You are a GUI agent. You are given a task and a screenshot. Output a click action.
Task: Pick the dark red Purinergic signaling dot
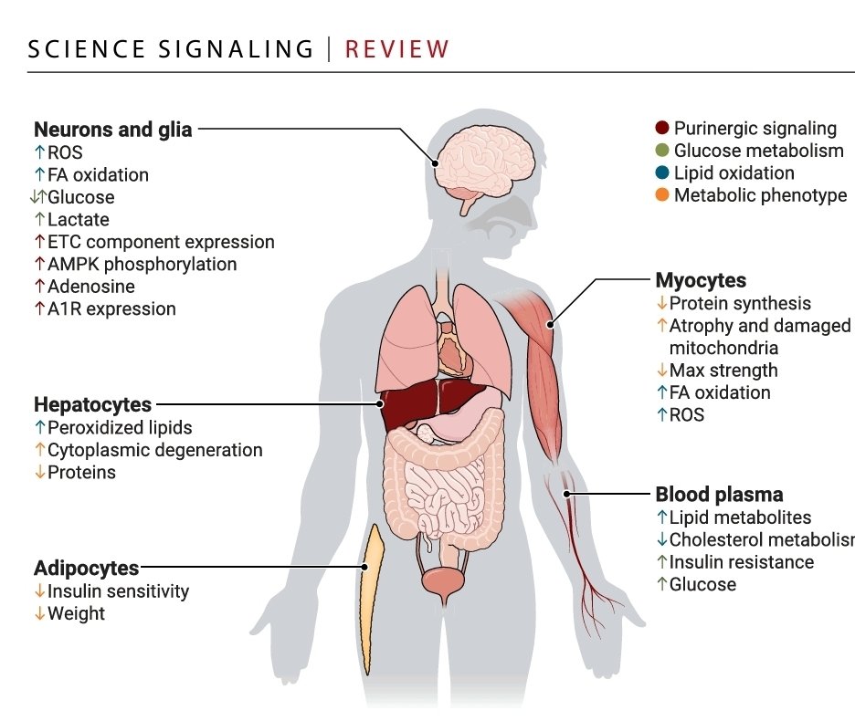point(662,128)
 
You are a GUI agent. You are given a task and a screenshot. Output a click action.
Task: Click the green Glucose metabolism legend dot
point(662,151)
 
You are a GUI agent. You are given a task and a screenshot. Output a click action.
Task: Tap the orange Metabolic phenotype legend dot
point(662,195)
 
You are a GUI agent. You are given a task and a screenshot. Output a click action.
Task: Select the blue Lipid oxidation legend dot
point(662,172)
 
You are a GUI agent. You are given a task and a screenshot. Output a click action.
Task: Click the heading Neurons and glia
point(113,130)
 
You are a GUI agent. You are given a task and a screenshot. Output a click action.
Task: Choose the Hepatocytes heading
point(92,405)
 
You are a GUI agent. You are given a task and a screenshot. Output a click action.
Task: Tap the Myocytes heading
point(701,280)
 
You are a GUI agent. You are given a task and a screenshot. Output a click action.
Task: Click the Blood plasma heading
point(719,495)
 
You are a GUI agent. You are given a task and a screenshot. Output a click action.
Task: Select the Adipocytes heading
point(86,568)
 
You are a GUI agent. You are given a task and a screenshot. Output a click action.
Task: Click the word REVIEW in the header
point(397,49)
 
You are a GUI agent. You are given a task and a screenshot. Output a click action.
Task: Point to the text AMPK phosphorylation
point(142,265)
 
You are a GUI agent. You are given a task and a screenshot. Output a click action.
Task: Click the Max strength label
point(723,371)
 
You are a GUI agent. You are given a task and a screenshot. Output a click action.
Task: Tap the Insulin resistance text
point(742,562)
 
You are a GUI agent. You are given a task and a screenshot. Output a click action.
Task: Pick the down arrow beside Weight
point(39,613)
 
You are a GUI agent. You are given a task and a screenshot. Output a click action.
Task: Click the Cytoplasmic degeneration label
point(155,450)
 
